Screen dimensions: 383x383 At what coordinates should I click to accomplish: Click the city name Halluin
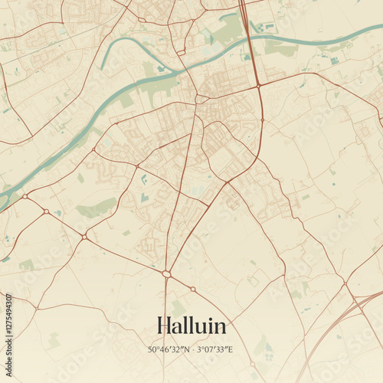coord(191,326)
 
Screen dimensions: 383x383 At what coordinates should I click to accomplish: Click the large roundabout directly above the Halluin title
coord(166,273)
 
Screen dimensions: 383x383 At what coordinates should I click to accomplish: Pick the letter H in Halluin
coord(162,326)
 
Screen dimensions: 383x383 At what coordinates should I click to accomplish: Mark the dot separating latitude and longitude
coord(191,350)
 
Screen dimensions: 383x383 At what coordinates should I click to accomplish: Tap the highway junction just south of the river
coord(258,84)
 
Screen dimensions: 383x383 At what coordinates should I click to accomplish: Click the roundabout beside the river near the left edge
coord(25,196)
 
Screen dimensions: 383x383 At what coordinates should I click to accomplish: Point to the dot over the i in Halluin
coord(211,317)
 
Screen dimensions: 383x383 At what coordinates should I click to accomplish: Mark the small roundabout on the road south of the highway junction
coord(262,119)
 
